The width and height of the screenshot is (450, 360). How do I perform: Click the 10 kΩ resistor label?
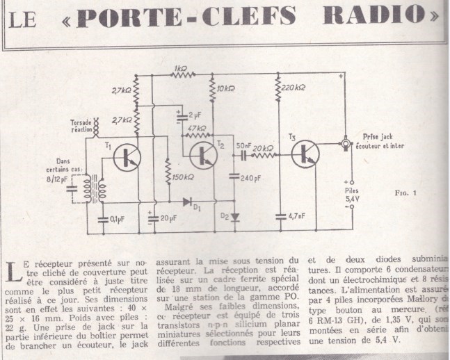pos(226,90)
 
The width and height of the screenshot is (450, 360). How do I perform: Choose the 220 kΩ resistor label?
pos(296,88)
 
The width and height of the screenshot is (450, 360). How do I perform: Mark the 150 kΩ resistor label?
pos(183,177)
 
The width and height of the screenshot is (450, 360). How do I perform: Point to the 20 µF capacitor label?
pos(168,219)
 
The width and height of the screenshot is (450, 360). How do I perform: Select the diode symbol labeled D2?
pos(233,216)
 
